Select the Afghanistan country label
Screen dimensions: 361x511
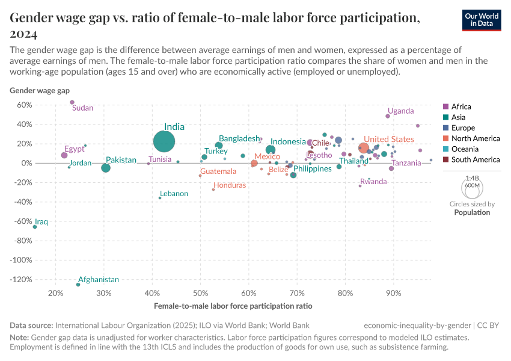99,280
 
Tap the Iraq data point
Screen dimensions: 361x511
35,227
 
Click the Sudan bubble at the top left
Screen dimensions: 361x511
72,102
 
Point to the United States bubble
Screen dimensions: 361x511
364,148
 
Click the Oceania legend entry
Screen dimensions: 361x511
467,149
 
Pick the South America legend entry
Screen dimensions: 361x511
475,159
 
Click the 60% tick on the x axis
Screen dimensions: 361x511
248,294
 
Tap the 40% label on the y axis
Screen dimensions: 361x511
24,125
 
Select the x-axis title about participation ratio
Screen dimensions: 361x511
233,306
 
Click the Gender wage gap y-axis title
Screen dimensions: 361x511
40,91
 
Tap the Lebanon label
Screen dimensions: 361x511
174,194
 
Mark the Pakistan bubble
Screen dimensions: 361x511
106,168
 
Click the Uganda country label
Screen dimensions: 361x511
400,111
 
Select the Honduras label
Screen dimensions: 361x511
230,185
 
